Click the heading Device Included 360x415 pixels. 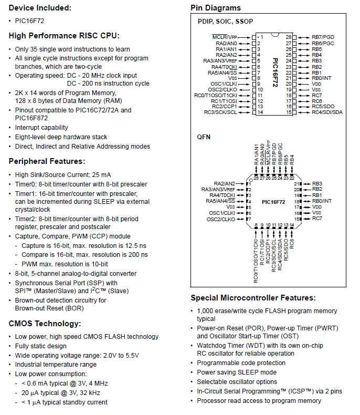(40, 8)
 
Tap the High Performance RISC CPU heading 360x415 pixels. (64, 36)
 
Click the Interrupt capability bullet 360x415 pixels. (41, 128)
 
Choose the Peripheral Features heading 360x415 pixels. (47, 161)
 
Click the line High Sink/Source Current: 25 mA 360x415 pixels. (63, 175)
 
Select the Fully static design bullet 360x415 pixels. (41, 346)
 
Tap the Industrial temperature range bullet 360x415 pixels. (56, 365)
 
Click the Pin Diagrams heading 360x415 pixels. (216, 8)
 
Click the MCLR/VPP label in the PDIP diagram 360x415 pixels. (225, 37)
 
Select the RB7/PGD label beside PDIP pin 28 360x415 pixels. (323, 37)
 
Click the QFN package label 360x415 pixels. (204, 137)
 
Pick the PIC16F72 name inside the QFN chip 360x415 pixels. (274, 201)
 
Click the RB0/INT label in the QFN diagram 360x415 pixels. (322, 201)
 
